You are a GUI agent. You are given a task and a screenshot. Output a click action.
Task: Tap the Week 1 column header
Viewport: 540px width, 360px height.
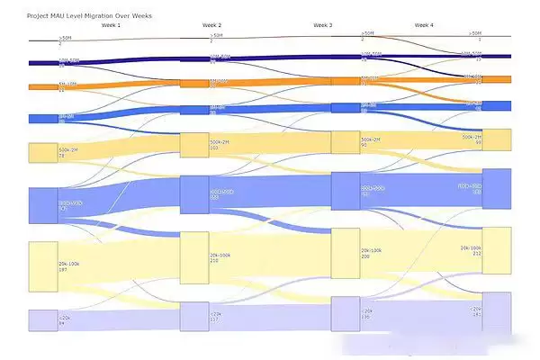point(111,26)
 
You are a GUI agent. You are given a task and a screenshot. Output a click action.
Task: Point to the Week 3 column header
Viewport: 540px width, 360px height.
point(323,26)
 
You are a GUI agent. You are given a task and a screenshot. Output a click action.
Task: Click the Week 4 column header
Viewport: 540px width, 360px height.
point(424,26)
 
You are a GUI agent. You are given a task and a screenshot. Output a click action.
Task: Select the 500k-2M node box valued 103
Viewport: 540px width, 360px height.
point(194,145)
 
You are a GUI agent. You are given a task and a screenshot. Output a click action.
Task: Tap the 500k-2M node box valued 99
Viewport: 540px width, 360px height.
point(497,140)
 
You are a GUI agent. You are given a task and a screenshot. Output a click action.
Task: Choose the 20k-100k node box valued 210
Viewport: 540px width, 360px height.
point(194,257)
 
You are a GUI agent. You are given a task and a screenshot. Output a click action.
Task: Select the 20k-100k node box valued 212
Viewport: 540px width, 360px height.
point(497,250)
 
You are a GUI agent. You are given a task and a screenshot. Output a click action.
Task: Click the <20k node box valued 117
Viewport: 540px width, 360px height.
point(194,316)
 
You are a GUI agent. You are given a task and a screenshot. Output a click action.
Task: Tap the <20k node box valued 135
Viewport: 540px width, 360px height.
point(346,313)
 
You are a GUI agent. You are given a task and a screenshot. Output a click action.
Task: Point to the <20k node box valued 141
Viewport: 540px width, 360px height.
point(497,312)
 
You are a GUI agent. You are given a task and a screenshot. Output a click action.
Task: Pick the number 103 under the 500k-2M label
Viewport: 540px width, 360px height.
point(215,148)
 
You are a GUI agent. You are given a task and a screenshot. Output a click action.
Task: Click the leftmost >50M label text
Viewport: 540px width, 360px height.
point(65,38)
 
